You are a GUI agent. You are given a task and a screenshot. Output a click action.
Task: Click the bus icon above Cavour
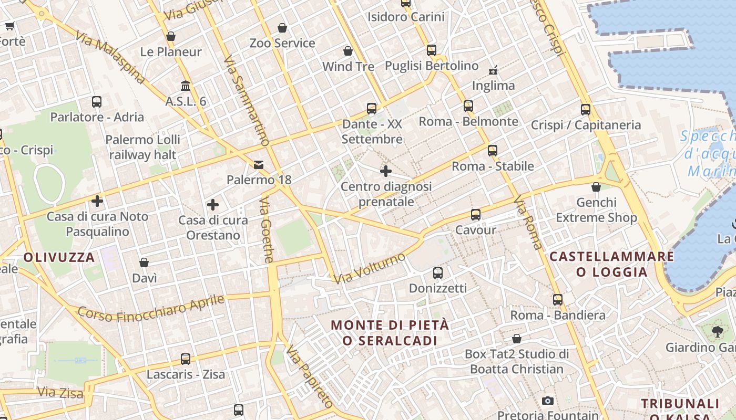coord(476,214)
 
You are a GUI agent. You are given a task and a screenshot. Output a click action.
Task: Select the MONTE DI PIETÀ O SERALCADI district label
coord(390,333)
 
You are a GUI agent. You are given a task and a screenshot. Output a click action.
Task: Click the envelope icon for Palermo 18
coord(259,165)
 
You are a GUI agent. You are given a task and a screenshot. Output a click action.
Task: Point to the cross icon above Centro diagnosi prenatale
coord(386,171)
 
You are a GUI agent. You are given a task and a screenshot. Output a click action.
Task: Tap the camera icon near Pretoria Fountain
coord(548,401)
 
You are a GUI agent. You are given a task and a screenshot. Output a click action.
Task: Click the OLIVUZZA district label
coord(59,257)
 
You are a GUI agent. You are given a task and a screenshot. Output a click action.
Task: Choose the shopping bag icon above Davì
coord(144,262)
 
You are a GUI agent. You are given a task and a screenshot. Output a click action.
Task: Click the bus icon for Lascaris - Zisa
coord(186,359)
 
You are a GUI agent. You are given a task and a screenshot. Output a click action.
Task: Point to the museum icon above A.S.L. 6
coord(186,86)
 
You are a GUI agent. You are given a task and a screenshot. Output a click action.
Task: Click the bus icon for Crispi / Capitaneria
coord(586,110)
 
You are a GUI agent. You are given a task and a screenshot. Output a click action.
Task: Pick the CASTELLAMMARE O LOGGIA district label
coord(611,264)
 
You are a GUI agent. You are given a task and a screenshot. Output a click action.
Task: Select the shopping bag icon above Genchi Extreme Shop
coord(596,187)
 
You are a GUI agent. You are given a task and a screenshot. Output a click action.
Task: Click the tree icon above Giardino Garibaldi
coord(717,332)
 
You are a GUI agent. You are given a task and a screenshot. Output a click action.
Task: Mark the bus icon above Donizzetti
coord(437,273)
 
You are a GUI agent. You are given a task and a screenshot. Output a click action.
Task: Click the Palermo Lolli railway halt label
coord(142,148)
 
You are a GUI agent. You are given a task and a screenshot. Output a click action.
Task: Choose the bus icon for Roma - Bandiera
coord(558,300)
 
